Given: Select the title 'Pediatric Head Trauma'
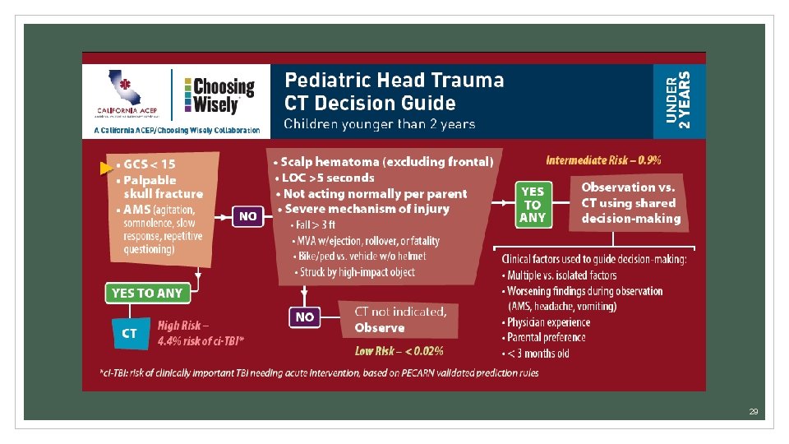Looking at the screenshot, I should [394, 80].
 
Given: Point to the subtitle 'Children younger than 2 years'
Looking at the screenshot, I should [379, 124].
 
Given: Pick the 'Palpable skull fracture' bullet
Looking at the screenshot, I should [162, 187].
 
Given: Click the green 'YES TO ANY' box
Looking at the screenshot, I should [147, 293].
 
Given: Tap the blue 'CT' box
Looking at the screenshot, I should [129, 333].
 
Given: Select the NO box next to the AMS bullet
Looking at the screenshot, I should [248, 216].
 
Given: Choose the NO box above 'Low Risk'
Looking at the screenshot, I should [304, 317].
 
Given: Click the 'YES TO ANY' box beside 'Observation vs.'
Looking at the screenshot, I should [533, 204].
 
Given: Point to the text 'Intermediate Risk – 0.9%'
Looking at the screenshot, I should [603, 160].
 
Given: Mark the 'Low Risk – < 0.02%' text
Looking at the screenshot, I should [399, 351].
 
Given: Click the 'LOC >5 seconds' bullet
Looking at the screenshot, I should [327, 178].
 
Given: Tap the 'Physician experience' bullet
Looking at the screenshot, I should [548, 322].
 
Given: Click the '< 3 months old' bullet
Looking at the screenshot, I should [538, 354].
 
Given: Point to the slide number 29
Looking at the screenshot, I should [753, 411].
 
